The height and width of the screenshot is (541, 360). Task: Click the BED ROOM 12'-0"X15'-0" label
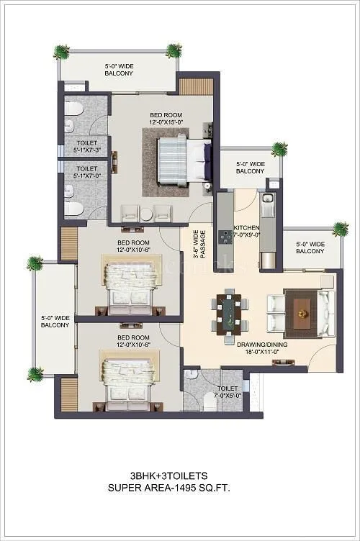click(x=166, y=119)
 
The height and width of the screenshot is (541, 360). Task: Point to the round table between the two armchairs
click(x=147, y=214)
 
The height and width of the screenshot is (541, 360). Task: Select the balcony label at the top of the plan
click(x=119, y=68)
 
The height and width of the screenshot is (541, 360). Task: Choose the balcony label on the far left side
click(x=55, y=321)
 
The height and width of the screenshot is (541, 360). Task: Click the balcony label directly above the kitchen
click(x=250, y=168)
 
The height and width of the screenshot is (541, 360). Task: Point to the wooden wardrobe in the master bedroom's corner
click(x=192, y=86)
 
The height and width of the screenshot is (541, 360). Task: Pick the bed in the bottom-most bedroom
click(x=130, y=381)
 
